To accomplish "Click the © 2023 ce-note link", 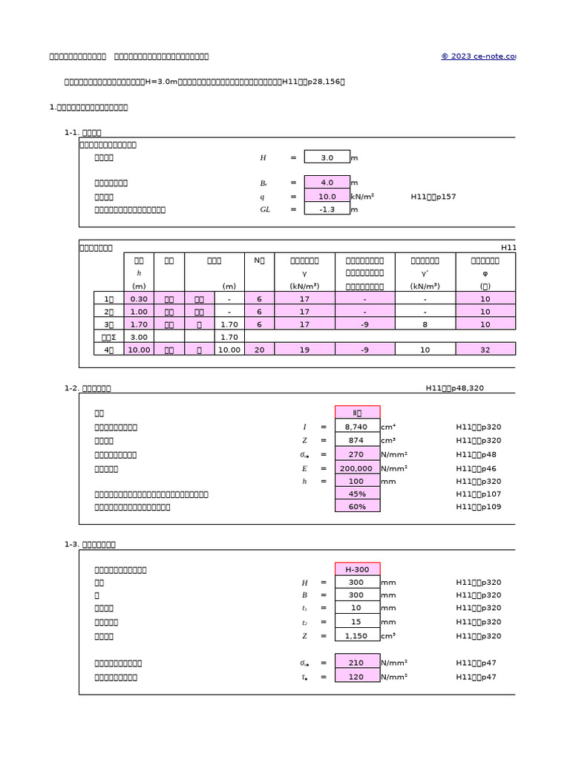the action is tap(478, 56).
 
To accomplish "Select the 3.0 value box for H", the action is tap(327, 157).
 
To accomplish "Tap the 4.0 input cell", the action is tap(327, 183).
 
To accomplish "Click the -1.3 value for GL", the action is tap(327, 209).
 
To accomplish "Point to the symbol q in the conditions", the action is tap(262, 197).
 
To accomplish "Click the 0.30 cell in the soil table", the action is tap(139, 298).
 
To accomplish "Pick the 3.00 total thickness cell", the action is tap(139, 337).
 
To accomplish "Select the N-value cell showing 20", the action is tap(259, 350).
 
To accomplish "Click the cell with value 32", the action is tap(485, 350).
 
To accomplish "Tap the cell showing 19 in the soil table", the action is tap(304, 350).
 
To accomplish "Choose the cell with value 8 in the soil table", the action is tap(425, 324).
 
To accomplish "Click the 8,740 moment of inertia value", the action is tap(357, 427).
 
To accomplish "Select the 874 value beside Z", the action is tap(357, 441).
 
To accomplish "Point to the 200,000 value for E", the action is tap(357, 468).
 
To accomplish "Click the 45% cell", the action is tap(357, 494).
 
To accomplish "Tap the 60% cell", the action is tap(357, 507).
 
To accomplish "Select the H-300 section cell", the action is tap(357, 569).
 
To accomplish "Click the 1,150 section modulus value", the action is tap(357, 636).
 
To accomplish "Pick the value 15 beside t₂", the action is tap(357, 622).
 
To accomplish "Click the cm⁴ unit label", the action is tap(388, 427).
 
